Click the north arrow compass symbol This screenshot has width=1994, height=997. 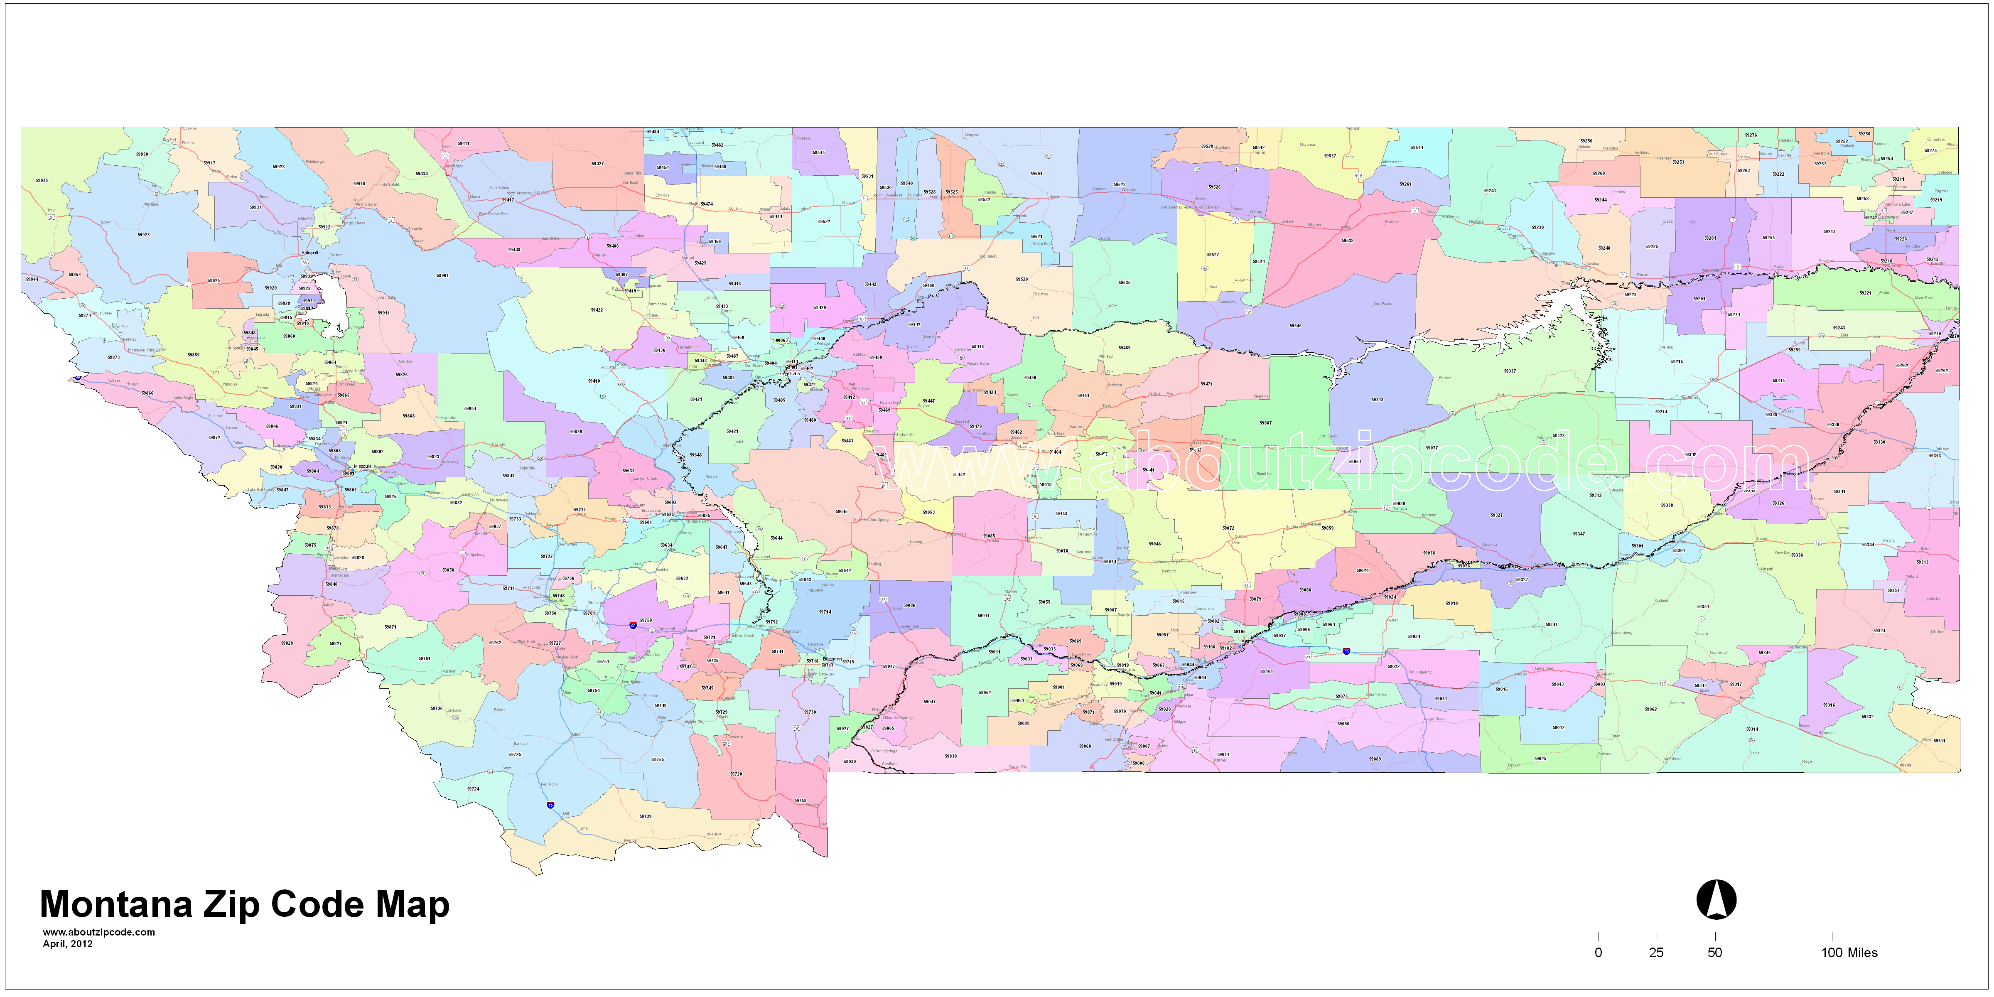tap(1716, 899)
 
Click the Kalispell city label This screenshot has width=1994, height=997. tap(309, 252)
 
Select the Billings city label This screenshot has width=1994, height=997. tap(1249, 643)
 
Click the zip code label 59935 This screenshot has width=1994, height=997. tap(42, 180)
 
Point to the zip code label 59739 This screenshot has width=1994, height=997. tap(645, 816)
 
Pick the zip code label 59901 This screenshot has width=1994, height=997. tap(442, 275)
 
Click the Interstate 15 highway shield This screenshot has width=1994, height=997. tap(550, 805)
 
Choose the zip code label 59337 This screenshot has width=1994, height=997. tap(1510, 371)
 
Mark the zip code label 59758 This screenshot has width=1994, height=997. tap(801, 801)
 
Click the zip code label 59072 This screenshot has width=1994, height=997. tap(1228, 528)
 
